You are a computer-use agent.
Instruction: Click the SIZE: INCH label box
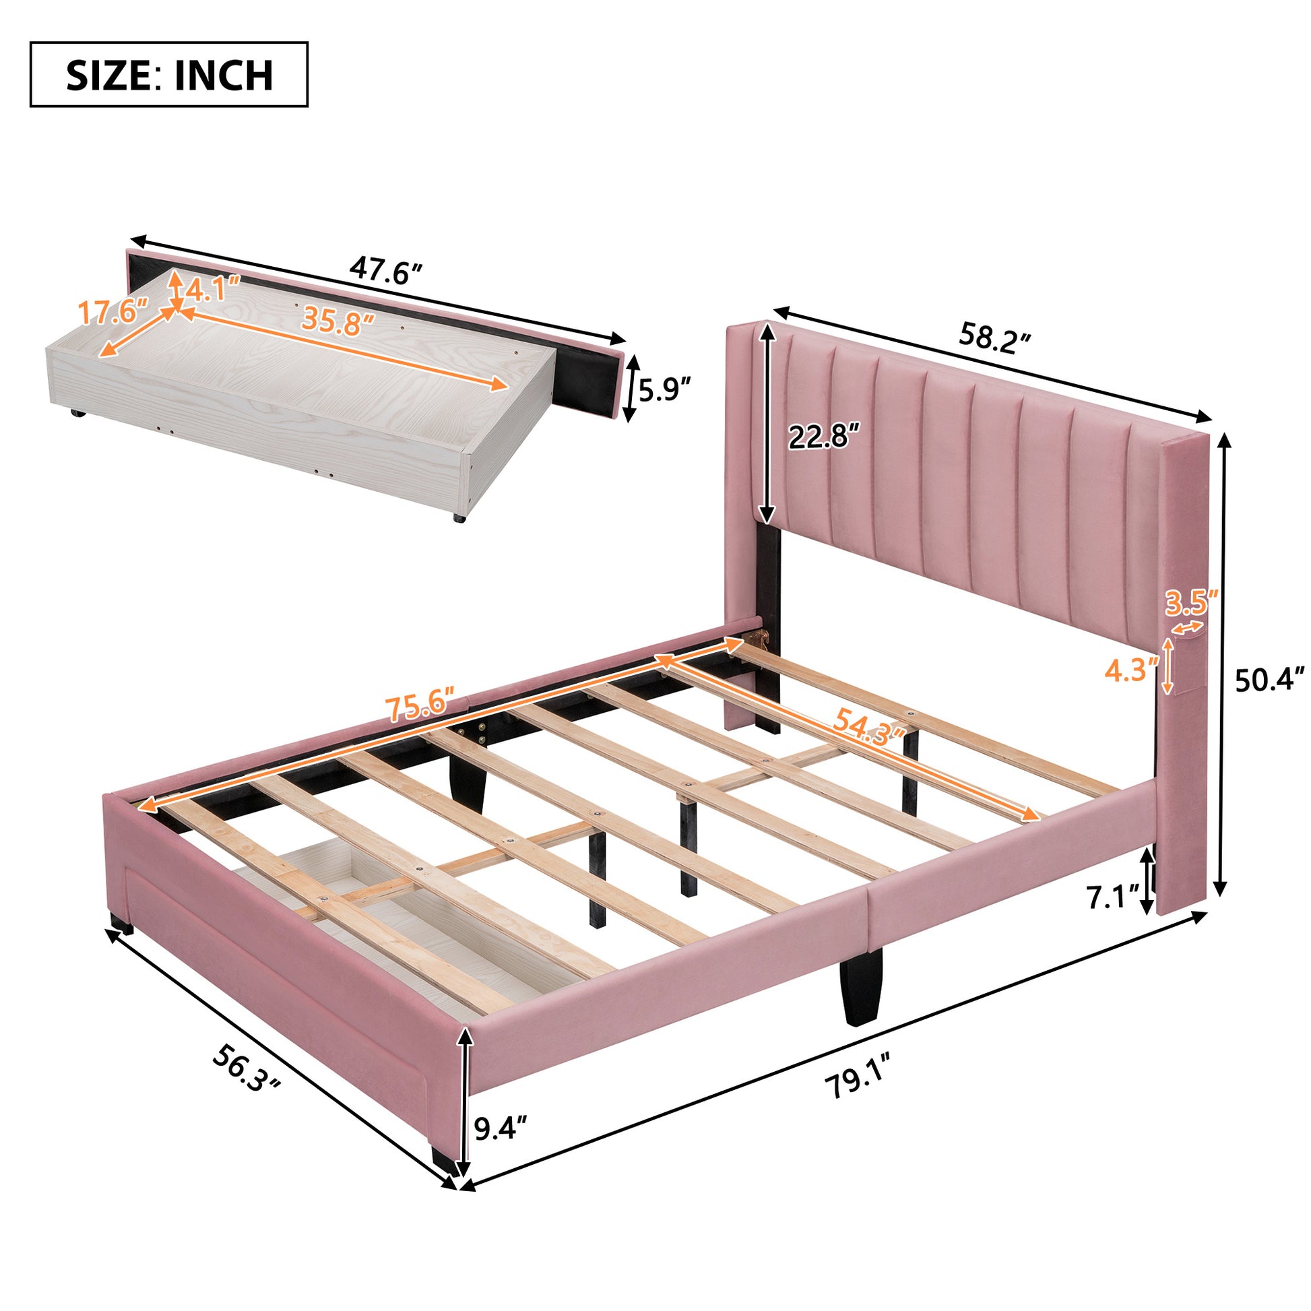169,75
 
